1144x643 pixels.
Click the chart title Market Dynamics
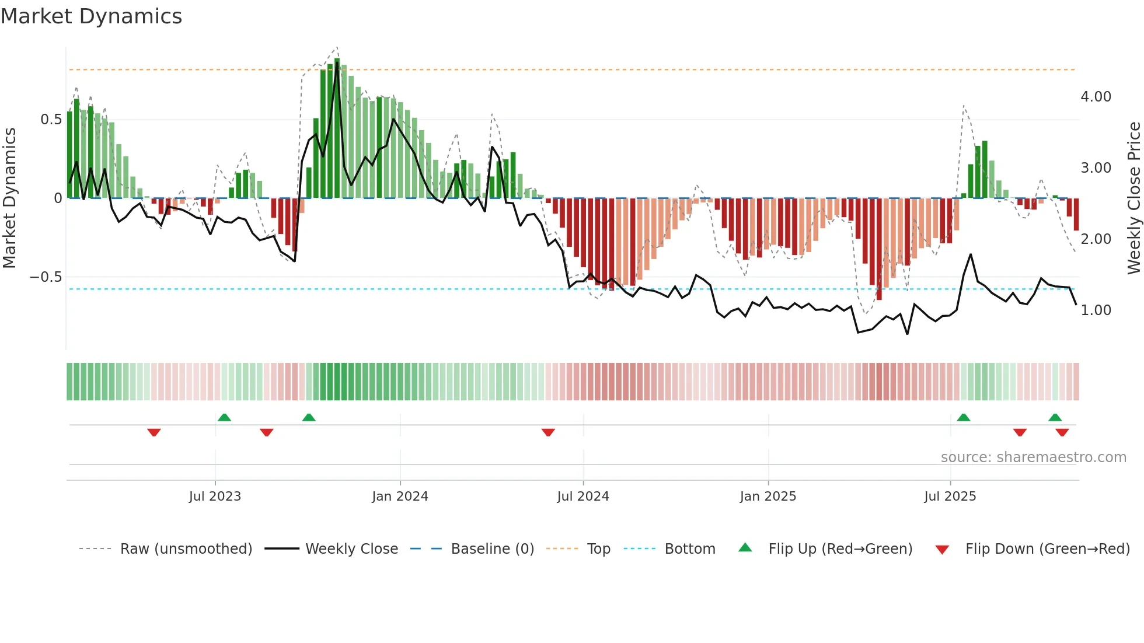coord(91,16)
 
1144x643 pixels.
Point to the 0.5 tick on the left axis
coord(51,120)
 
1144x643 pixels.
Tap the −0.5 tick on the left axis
coord(46,277)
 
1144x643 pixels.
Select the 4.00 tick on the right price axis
coord(1096,97)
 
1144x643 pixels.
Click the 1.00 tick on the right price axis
coord(1096,310)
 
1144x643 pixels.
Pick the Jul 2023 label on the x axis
coord(215,497)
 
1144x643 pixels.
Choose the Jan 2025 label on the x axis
coord(768,497)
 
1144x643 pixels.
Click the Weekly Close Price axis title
coord(1133,198)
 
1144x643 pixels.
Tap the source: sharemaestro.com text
coord(1033,457)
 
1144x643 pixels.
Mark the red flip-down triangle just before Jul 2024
coord(548,432)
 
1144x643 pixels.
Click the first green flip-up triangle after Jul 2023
coord(224,417)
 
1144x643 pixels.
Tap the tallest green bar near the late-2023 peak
coord(337,128)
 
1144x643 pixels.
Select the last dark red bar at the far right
coord(1076,214)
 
